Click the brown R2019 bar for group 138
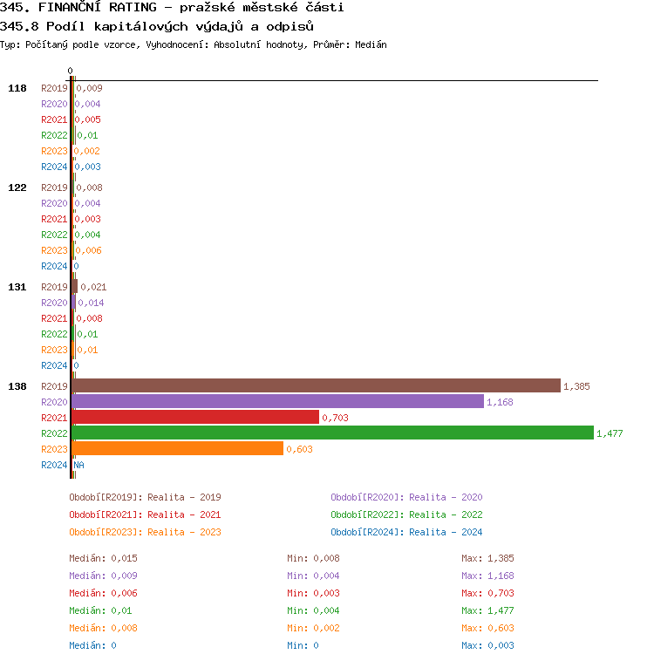(316, 385)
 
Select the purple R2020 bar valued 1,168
(277, 401)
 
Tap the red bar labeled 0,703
(195, 417)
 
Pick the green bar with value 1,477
(332, 433)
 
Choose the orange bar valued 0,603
(177, 448)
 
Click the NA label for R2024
(78, 465)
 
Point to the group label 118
(17, 88)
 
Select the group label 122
(17, 187)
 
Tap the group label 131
(17, 287)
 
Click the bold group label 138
(17, 386)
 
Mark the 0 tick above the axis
(71, 71)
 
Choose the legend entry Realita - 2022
(406, 514)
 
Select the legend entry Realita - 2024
(406, 532)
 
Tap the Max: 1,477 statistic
(487, 610)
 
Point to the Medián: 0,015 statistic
(103, 558)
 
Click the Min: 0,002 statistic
(314, 628)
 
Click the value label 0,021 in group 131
(93, 287)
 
